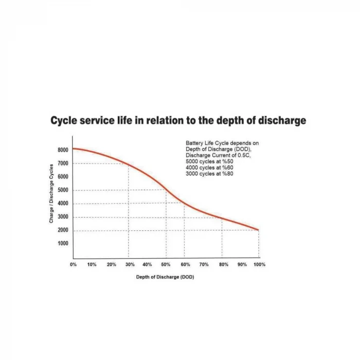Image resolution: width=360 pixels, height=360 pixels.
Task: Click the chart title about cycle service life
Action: [178, 121]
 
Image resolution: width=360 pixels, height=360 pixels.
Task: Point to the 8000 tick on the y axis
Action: [63, 150]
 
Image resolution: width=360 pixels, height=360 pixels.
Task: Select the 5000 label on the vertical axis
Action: [63, 190]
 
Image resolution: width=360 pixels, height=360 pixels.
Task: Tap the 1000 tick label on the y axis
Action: [63, 243]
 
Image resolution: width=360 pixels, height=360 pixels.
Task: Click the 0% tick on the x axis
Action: [74, 264]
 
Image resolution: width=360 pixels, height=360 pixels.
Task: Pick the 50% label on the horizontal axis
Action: [166, 264]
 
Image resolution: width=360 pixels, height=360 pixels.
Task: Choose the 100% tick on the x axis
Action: [259, 264]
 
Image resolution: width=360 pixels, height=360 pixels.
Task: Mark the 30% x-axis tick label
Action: [130, 264]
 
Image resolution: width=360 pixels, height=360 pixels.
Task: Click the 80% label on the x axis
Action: [223, 264]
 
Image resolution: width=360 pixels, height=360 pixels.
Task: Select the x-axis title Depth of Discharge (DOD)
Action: [165, 277]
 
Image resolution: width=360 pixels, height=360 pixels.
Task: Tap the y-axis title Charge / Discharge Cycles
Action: [51, 193]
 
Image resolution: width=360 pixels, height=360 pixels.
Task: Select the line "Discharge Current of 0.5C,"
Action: [218, 155]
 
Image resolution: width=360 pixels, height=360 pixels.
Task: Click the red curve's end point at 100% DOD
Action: [258, 230]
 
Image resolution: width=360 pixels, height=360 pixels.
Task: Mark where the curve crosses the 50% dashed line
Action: [166, 190]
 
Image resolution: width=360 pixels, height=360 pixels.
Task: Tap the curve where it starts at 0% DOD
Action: [74, 149]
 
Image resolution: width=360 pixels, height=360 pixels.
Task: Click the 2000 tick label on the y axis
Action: [63, 230]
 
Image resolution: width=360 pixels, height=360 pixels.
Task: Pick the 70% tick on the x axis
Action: [204, 264]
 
